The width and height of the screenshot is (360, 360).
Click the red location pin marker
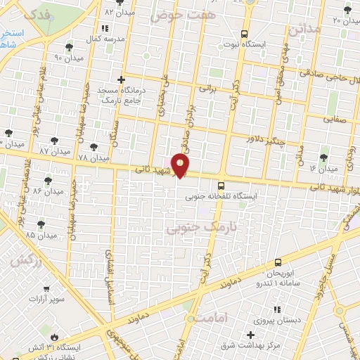181,165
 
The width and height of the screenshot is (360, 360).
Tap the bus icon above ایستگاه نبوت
244,33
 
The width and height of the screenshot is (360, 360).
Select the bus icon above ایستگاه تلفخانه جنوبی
221,186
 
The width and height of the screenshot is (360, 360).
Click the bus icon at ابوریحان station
278,262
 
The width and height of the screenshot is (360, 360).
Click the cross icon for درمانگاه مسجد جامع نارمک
122,80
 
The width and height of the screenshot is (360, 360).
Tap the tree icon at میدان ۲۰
347,9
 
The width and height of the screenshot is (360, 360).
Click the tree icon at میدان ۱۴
323,158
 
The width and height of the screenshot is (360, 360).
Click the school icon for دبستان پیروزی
276,309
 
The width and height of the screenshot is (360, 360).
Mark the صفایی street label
335,120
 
